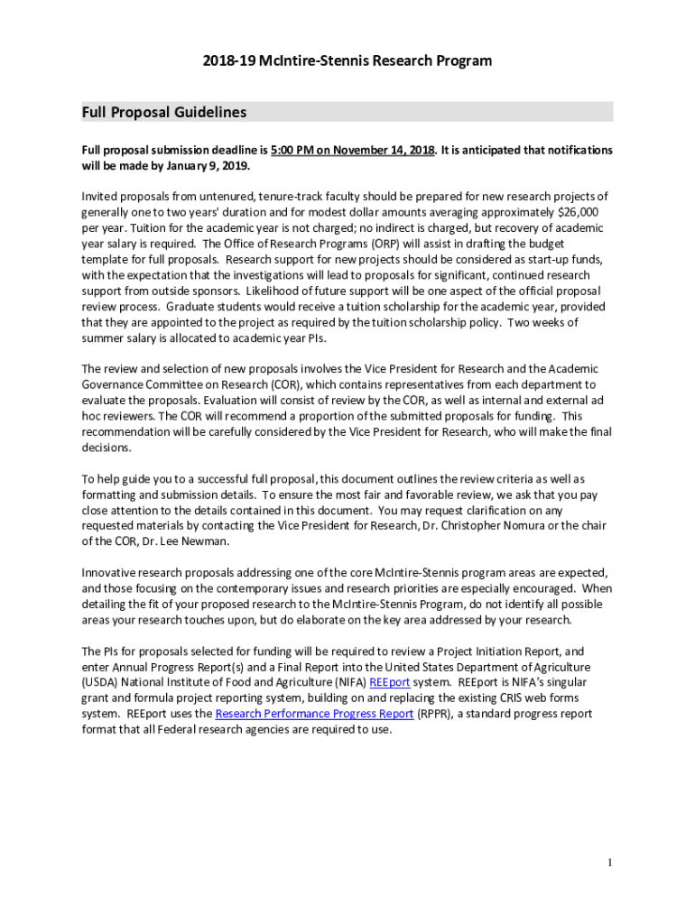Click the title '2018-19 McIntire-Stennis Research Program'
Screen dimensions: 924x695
coord(347,60)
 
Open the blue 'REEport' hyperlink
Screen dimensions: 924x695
coord(389,682)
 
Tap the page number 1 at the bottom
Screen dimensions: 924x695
coord(610,863)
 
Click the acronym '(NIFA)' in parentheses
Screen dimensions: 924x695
coord(344,682)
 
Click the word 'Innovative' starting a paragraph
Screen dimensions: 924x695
coord(112,573)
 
